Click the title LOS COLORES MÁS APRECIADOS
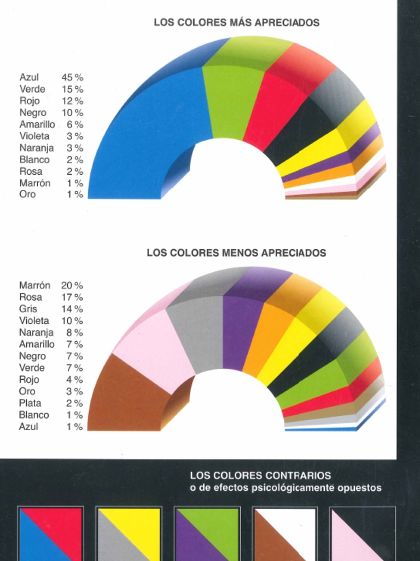click(236, 23)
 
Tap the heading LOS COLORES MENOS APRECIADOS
click(236, 253)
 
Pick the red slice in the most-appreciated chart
click(271, 110)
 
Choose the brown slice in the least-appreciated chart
click(126, 394)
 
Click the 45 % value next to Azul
click(72, 78)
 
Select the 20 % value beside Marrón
click(72, 285)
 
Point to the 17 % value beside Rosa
click(72, 297)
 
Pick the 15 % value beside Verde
click(72, 89)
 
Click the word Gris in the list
click(28, 309)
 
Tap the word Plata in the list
click(30, 403)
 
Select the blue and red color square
click(50, 534)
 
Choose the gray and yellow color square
click(129, 534)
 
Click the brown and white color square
click(285, 534)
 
